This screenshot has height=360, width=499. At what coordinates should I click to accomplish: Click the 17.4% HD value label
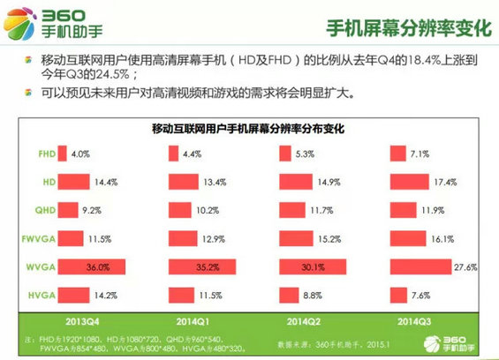(x=446, y=182)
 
